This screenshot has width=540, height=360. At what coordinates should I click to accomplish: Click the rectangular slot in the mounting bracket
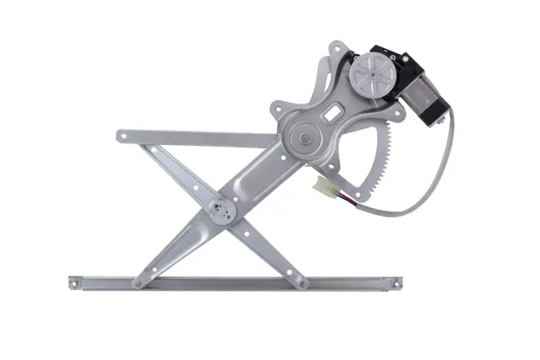[335, 110]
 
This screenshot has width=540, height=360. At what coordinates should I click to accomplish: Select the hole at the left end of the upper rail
[125, 134]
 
